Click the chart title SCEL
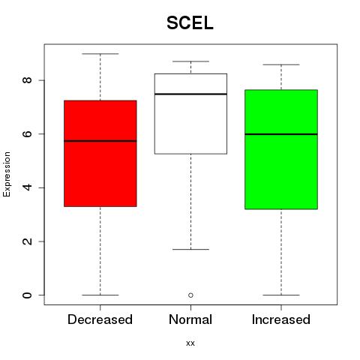tap(190, 23)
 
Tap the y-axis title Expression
tap(7, 174)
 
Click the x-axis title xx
tap(190, 343)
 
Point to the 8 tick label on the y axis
tap(27, 80)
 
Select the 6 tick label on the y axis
tap(27, 133)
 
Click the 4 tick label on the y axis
tap(27, 187)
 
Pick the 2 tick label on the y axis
tap(27, 241)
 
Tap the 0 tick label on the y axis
tap(27, 295)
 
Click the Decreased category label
tap(100, 319)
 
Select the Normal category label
tap(190, 319)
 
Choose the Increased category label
tap(281, 319)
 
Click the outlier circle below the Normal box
tap(190, 295)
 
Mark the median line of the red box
tap(100, 141)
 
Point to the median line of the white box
tap(190, 94)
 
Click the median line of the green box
tap(281, 134)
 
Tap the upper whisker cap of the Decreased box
tap(100, 54)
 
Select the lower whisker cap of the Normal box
tap(190, 249)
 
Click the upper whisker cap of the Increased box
tap(281, 64)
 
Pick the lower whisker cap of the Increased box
tap(281, 295)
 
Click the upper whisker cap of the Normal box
tap(190, 61)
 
